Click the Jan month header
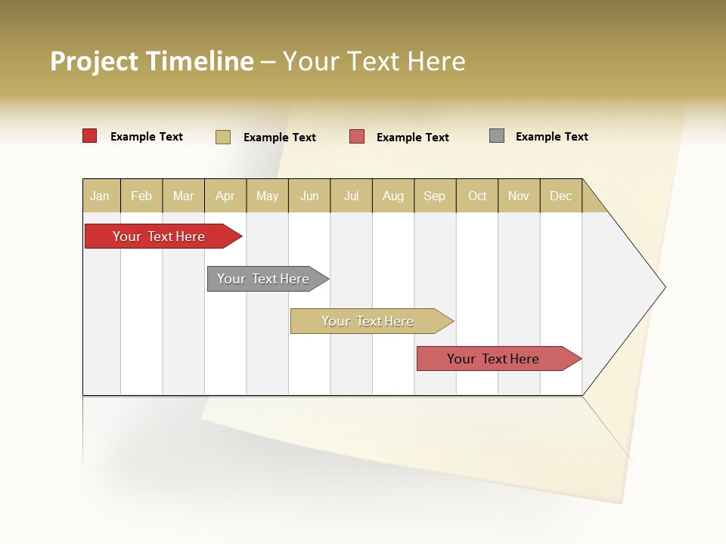click(x=101, y=196)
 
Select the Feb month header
click(x=141, y=196)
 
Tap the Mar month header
click(x=183, y=196)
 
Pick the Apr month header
click(x=225, y=196)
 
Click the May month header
click(x=267, y=196)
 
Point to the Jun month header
click(x=309, y=196)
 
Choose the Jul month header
click(x=351, y=196)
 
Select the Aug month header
click(x=393, y=196)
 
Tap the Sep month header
click(x=435, y=196)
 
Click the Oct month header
click(x=477, y=196)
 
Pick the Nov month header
click(x=519, y=196)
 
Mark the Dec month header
click(x=561, y=196)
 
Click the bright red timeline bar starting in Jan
click(x=160, y=236)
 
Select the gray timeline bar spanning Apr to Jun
click(x=264, y=279)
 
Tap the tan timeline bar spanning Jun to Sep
click(x=368, y=321)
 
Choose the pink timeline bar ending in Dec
click(x=495, y=359)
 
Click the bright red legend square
click(x=90, y=136)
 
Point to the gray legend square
click(x=497, y=136)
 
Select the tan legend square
click(x=223, y=137)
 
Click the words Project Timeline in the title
click(x=152, y=61)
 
